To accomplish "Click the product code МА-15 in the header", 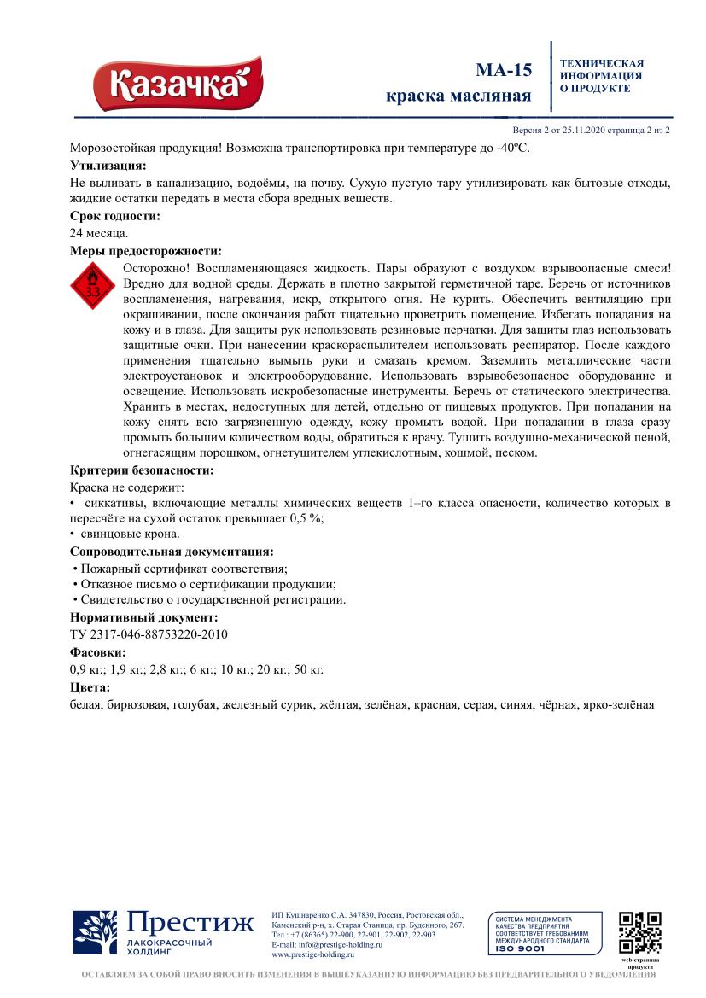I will coord(503,70).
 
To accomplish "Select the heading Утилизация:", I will coord(108,165).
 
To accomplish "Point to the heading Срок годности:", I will coord(114,216).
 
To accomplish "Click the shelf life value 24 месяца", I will coord(99,232).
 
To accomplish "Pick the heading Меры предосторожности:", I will coord(145,251).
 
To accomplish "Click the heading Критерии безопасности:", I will coord(142,470).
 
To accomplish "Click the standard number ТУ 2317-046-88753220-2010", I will coord(149,633).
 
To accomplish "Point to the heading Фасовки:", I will coord(98,652).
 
